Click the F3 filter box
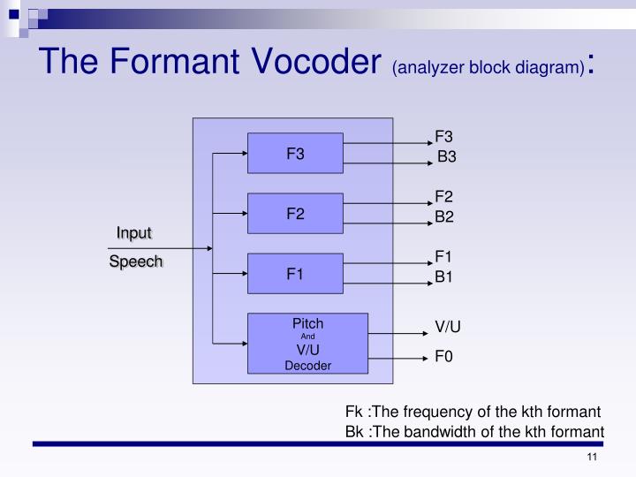click(295, 153)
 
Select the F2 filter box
click(295, 213)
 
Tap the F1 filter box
click(295, 273)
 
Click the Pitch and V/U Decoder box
click(307, 343)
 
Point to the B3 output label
click(447, 157)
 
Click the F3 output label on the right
click(443, 136)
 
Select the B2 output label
click(443, 216)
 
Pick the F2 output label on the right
click(443, 196)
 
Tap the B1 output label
click(443, 277)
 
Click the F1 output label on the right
click(443, 257)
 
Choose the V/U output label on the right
click(448, 326)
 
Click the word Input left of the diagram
click(134, 232)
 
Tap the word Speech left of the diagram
click(136, 261)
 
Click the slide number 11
click(592, 457)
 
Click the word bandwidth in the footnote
click(456, 432)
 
